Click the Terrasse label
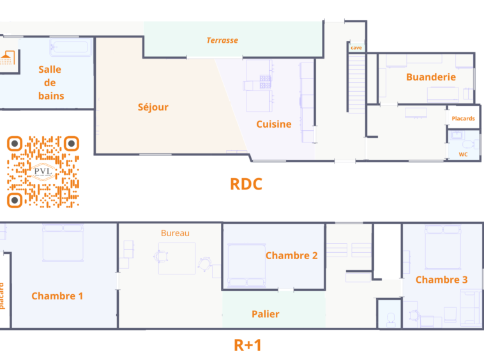click(x=222, y=40)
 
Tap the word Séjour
click(x=153, y=107)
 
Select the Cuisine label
click(x=274, y=124)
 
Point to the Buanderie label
click(x=431, y=77)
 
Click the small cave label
click(x=356, y=48)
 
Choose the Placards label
click(x=463, y=119)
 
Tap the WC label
click(x=463, y=154)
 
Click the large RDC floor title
click(x=246, y=184)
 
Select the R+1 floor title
click(x=248, y=345)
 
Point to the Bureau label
click(x=175, y=233)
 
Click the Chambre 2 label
click(x=291, y=255)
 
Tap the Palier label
click(x=266, y=314)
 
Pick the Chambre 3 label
click(x=441, y=280)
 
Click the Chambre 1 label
click(x=57, y=296)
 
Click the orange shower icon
click(x=8, y=57)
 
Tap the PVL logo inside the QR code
click(x=43, y=172)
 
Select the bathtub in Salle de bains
click(x=71, y=47)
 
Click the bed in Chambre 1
click(x=63, y=243)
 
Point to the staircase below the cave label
click(x=357, y=83)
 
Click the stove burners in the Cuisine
click(x=265, y=82)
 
